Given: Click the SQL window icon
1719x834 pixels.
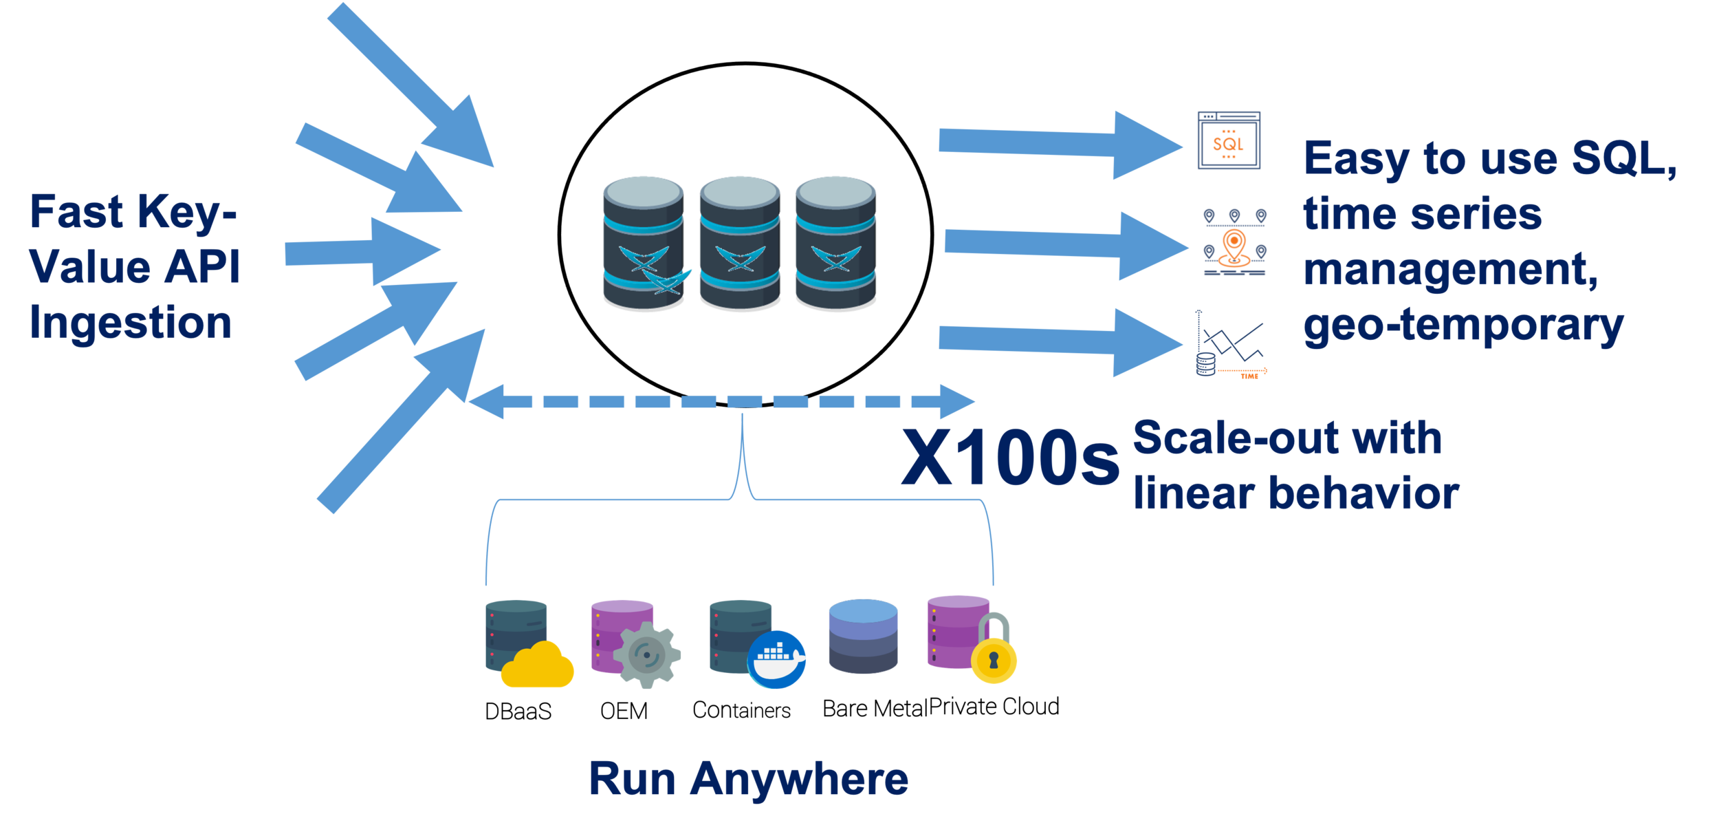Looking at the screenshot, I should point(1229,141).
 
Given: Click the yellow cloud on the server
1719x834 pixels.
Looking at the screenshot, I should point(537,665).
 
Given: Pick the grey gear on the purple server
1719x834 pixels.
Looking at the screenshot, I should point(646,654).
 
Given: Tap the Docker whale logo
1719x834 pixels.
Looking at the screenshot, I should point(778,659).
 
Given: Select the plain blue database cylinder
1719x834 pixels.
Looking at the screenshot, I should point(863,637).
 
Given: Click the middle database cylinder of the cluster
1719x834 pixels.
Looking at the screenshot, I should point(740,244).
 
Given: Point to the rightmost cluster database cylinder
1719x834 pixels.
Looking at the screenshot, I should point(835,244).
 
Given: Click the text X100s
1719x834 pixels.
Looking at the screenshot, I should point(1009,458).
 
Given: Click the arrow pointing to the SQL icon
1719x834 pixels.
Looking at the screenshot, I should point(1059,145).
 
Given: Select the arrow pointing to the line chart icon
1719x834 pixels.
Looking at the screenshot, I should point(1059,342).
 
